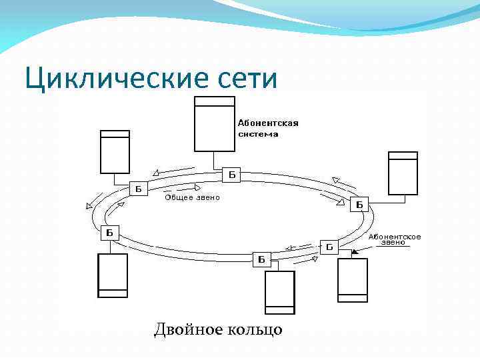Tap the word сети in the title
click(x=246, y=79)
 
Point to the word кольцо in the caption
click(x=257, y=329)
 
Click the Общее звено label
click(x=192, y=198)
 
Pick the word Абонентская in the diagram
click(x=268, y=123)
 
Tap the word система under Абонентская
click(x=258, y=133)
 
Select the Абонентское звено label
click(x=394, y=239)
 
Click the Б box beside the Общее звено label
click(x=139, y=189)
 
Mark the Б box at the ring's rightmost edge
click(x=360, y=204)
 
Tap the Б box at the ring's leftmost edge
click(x=109, y=233)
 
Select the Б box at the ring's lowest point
click(x=261, y=258)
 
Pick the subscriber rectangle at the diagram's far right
click(x=403, y=173)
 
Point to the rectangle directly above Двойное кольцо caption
click(x=279, y=292)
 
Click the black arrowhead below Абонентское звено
click(x=353, y=252)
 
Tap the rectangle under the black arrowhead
click(x=352, y=279)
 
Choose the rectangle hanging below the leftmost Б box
click(x=113, y=275)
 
